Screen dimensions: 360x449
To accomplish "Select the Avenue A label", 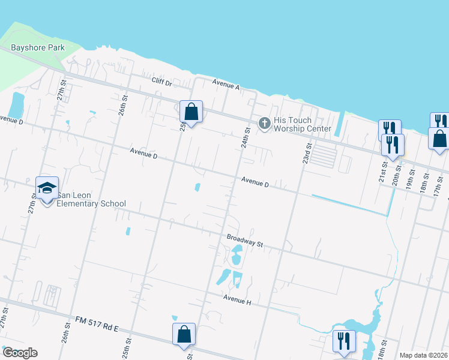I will (226, 85).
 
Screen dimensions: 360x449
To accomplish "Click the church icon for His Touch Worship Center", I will (264, 124).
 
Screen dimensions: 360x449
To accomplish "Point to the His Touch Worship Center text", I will (302, 124).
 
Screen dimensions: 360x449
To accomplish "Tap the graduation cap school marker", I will (47, 188).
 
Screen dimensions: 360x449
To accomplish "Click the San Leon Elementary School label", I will (91, 199).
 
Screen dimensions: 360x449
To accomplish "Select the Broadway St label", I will (246, 241).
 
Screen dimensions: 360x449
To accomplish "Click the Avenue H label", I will (237, 299).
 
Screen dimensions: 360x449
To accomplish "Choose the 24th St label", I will (246, 137).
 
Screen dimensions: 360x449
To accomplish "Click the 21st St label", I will (382, 175).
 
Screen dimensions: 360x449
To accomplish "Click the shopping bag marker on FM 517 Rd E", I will (184, 335).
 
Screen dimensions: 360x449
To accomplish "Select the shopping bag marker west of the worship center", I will (191, 112).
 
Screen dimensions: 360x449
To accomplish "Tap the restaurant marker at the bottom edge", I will (344, 341).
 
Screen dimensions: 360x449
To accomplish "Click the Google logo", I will (20, 353).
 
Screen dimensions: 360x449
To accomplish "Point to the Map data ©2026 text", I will (423, 355).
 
